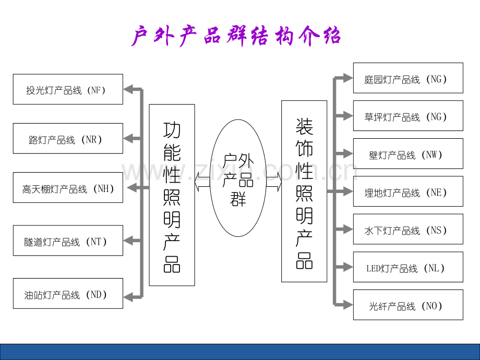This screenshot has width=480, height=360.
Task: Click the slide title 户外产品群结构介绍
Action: coord(236,37)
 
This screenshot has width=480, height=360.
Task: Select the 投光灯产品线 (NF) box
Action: coord(68,89)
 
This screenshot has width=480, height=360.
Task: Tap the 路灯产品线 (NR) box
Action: coord(68,139)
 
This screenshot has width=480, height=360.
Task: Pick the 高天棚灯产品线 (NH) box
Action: coord(68,188)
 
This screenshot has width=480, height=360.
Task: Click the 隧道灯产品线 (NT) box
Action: coord(68,241)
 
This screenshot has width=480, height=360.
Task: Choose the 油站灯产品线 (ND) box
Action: coord(68,293)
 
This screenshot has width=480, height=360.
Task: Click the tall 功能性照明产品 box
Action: coord(172,195)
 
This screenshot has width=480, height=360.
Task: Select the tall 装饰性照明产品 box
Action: coord(304,191)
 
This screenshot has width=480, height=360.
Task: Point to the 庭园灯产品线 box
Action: coord(407,78)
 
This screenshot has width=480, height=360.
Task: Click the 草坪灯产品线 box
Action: coord(407,116)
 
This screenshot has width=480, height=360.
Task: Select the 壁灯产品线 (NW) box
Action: coord(407,154)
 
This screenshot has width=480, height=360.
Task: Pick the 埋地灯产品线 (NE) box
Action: coord(407,191)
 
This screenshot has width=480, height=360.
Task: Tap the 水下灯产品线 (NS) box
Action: coord(407,230)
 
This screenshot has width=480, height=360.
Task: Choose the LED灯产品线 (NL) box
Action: coord(407,267)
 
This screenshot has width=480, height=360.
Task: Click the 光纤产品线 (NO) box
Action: coord(407,305)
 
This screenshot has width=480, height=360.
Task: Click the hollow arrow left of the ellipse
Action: coord(202,182)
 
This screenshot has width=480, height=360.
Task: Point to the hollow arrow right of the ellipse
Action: coord(274,182)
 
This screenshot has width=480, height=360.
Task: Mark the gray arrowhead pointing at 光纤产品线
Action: coord(346,304)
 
